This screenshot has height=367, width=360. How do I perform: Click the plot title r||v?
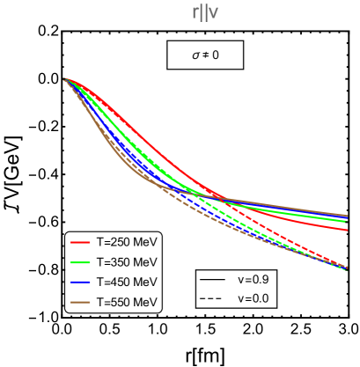click(x=205, y=12)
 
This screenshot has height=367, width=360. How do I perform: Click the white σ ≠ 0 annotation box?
click(x=205, y=55)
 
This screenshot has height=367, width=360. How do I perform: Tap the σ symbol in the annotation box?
click(x=196, y=55)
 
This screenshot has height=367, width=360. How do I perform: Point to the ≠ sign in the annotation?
click(x=205, y=55)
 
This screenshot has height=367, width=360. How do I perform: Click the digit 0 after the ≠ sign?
click(x=215, y=55)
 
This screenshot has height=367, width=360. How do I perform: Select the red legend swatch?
click(x=81, y=242)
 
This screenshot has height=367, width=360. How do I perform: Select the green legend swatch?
click(x=81, y=262)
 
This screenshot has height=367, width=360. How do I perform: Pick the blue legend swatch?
click(x=81, y=283)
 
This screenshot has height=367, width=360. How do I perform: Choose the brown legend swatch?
click(x=81, y=303)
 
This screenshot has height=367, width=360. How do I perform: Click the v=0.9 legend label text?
click(x=253, y=279)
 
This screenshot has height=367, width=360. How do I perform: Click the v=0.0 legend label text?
click(x=253, y=298)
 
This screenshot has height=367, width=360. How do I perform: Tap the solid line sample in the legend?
click(x=212, y=279)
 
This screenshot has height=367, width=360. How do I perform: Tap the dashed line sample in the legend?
click(x=212, y=298)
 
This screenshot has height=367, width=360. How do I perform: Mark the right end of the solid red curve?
click(x=347, y=230)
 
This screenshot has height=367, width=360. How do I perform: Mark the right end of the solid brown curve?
click(x=347, y=215)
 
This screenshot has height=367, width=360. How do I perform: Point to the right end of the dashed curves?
click(x=347, y=268)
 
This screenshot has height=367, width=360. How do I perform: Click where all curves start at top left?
click(x=66, y=80)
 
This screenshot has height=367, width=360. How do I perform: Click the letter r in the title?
click(x=195, y=12)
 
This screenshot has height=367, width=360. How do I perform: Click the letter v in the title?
click(x=214, y=12)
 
